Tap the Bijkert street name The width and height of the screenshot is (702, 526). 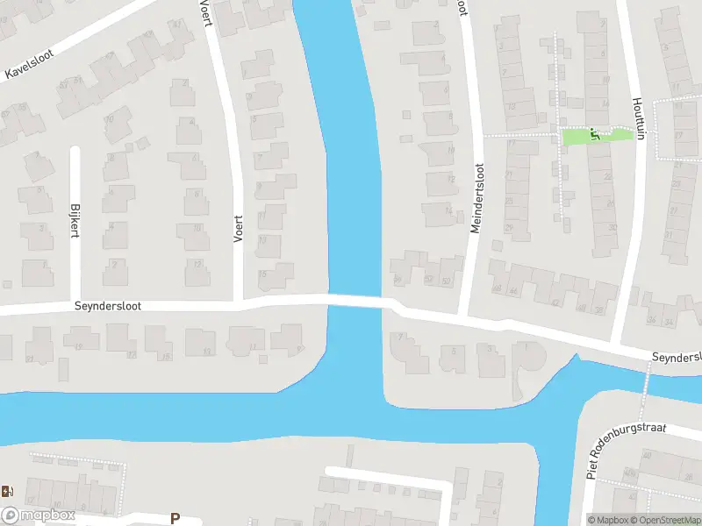click(75, 220)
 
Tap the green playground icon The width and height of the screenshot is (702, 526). click(596, 135)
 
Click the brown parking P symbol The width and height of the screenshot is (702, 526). click(175, 518)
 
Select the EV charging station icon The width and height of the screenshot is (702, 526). click(8, 491)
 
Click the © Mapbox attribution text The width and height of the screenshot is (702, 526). click(609, 520)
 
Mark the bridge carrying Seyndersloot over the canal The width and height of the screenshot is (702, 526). click(355, 300)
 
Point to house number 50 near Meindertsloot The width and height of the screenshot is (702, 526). click(447, 280)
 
